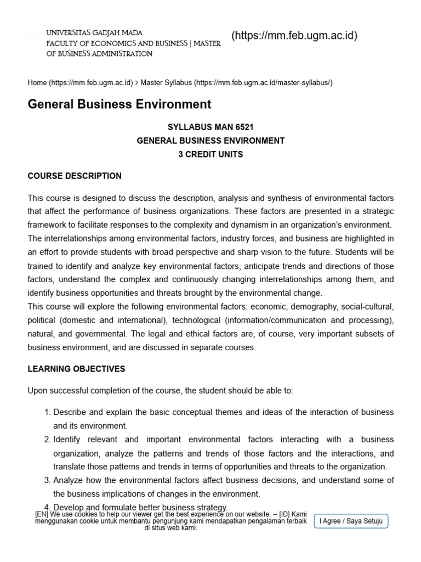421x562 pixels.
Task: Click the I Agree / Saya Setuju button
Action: coord(351,521)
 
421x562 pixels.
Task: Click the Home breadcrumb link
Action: coord(37,83)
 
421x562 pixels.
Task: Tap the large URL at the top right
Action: coord(294,36)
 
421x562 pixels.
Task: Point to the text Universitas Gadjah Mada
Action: coord(94,33)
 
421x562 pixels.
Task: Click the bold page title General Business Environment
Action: coord(119,104)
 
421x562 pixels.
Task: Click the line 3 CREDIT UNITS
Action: coord(210,154)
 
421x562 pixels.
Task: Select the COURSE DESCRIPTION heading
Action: coord(75,176)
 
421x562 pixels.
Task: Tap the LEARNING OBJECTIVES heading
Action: coord(76,369)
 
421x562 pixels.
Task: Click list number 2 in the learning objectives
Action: coord(47,440)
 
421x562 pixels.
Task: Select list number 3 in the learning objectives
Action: coord(47,480)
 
